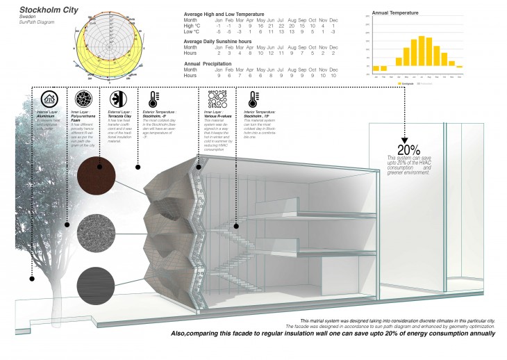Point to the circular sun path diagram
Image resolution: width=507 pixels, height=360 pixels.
(x=110, y=37)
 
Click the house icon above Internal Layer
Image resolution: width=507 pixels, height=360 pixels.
(x=49, y=97)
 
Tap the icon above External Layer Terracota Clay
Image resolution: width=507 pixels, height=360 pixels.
(x=114, y=97)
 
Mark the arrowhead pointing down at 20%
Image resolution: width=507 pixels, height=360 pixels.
(x=404, y=138)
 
